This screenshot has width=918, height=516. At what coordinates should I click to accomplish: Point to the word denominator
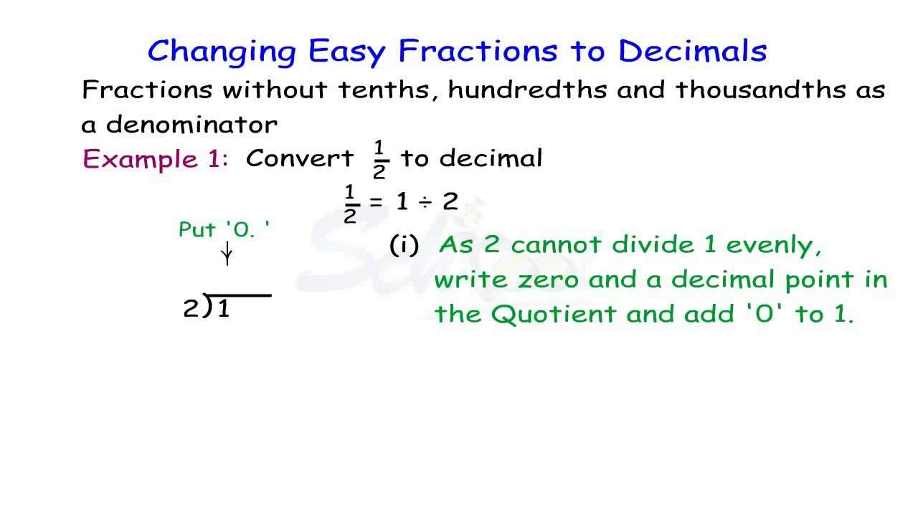point(191,125)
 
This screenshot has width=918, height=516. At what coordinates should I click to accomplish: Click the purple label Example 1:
point(156,159)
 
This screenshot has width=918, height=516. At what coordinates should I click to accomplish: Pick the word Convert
point(300,159)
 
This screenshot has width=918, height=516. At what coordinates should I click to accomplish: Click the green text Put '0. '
point(224,231)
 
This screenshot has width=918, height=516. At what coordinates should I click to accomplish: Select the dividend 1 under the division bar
point(223,310)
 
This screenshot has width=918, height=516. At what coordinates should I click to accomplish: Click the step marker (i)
point(404,246)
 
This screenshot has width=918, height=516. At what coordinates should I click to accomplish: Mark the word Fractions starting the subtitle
point(147,90)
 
